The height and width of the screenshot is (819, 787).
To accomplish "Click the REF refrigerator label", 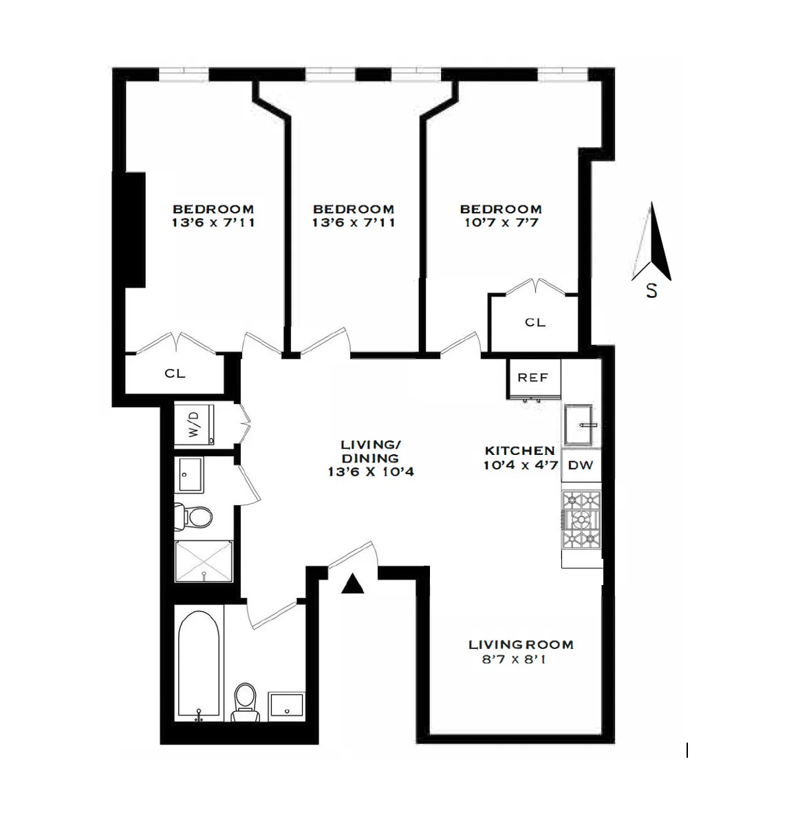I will [x=532, y=378].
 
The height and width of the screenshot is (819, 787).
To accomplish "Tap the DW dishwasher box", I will [x=581, y=465].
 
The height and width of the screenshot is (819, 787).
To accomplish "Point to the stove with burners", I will [x=581, y=520].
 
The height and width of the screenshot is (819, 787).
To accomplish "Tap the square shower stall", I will [x=204, y=561].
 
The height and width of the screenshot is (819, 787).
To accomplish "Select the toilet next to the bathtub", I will [x=245, y=702].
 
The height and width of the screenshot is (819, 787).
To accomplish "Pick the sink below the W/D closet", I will [x=188, y=474].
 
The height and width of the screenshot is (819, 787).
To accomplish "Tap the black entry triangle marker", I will [x=353, y=584].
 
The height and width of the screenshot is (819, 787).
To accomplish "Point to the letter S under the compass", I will [x=651, y=290].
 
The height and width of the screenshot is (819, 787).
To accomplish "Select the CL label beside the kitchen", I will [x=535, y=322].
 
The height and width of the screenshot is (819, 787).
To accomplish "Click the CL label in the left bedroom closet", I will [x=175, y=373].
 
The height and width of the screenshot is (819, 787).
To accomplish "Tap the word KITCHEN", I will [x=520, y=451].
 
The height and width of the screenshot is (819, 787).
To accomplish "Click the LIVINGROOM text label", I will [x=521, y=645].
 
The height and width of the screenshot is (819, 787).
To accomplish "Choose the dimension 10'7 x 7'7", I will [x=500, y=223].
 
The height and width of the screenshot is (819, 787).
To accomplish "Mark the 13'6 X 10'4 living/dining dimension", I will [x=371, y=472].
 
